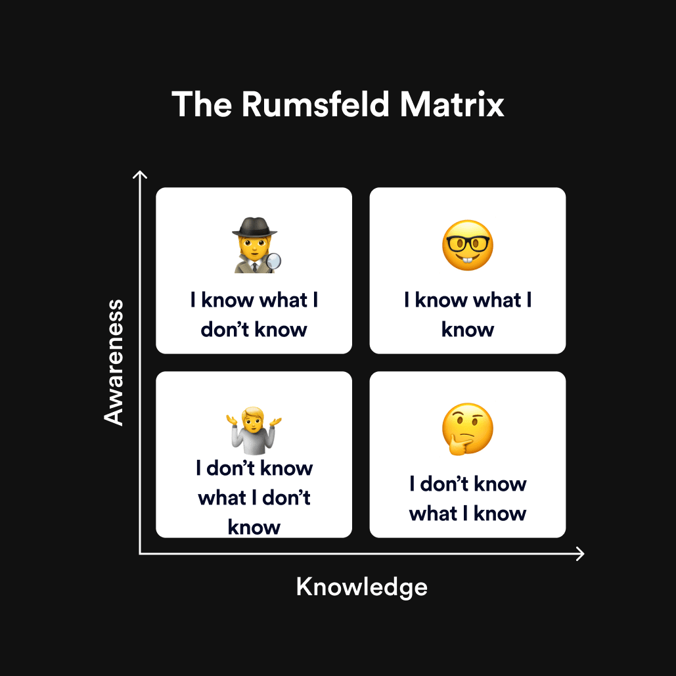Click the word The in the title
tap(202, 104)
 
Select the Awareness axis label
tap(114, 362)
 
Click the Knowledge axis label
tap(361, 587)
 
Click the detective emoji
tap(255, 244)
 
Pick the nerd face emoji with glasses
tap(467, 245)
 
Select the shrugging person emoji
tap(254, 430)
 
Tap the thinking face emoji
tap(467, 429)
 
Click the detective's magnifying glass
tap(273, 261)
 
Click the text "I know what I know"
tap(468, 315)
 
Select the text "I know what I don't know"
tap(254, 315)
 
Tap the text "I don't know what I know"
tap(468, 499)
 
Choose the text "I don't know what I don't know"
tap(254, 497)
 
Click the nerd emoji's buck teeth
tap(467, 262)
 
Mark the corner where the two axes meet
tap(139, 554)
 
